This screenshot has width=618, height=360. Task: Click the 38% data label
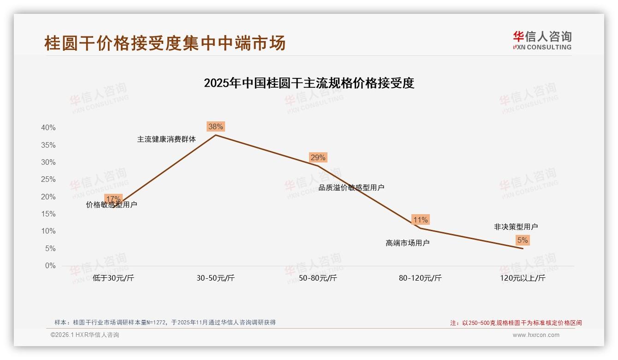(215, 126)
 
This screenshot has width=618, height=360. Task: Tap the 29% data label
(318, 157)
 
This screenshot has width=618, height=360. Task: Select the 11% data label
(420, 220)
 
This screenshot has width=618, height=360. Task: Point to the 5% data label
(523, 240)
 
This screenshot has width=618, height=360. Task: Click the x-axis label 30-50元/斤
(215, 278)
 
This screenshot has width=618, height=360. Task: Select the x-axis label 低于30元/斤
(113, 278)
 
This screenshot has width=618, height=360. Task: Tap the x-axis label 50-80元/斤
(318, 278)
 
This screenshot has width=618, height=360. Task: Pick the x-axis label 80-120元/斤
(420, 278)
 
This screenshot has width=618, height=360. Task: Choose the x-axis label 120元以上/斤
(523, 278)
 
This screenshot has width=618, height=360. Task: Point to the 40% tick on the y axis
(48, 128)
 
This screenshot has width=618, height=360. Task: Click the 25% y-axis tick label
(48, 180)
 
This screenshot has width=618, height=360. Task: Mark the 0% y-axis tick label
(50, 266)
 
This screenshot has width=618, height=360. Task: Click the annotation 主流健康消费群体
(166, 139)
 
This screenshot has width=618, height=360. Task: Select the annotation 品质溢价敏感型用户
(351, 187)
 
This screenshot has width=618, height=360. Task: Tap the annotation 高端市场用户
(408, 243)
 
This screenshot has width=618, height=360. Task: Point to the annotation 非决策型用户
(516, 227)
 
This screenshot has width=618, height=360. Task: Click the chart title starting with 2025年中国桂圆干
(309, 83)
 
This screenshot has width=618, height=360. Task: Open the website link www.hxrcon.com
(536, 335)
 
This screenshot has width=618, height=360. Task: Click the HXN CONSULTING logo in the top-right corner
(542, 40)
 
